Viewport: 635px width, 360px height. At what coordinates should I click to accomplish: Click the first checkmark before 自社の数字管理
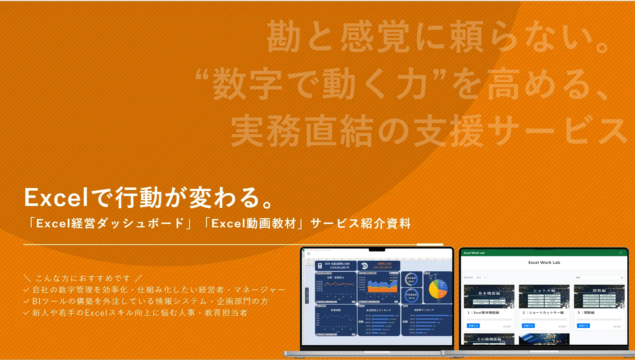(x=26, y=290)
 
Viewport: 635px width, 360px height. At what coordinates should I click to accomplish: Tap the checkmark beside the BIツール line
(x=26, y=302)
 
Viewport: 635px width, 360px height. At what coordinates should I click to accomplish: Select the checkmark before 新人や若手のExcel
(x=26, y=313)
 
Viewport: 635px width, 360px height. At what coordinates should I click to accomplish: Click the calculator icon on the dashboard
(x=320, y=266)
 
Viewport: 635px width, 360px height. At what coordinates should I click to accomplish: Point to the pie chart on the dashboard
(x=438, y=289)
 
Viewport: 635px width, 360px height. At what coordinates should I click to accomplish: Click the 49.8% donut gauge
(x=411, y=279)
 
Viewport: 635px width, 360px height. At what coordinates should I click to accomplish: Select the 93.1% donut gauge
(x=411, y=296)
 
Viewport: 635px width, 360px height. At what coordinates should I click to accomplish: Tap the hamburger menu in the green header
(x=621, y=253)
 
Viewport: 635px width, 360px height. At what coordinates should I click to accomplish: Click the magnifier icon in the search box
(x=622, y=277)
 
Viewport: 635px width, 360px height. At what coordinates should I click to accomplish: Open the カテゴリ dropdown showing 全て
(x=481, y=277)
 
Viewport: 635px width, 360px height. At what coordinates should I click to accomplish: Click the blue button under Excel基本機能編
(x=473, y=326)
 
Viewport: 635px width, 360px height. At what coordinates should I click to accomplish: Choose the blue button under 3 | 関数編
(x=583, y=326)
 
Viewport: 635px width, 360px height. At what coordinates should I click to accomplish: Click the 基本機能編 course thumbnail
(x=489, y=296)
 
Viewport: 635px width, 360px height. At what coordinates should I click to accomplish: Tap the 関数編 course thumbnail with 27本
(x=599, y=296)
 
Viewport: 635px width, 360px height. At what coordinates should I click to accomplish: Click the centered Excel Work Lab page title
(x=544, y=263)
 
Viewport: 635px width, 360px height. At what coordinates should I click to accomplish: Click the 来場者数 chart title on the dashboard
(x=335, y=310)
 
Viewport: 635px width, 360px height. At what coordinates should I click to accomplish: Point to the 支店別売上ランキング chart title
(x=378, y=310)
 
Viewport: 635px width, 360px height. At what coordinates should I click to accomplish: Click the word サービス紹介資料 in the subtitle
(x=360, y=224)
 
